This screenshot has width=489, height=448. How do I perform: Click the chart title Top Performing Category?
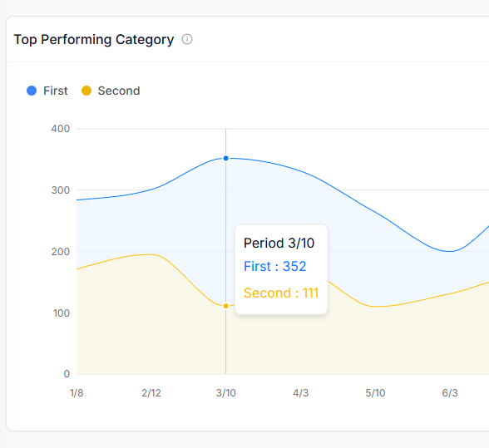[94, 40]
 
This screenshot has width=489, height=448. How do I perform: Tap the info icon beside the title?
[187, 39]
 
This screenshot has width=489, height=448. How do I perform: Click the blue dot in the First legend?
[32, 91]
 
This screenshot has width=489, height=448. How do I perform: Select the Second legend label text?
[119, 91]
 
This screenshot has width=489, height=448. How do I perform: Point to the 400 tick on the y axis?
[61, 129]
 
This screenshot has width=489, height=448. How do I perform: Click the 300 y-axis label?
[61, 190]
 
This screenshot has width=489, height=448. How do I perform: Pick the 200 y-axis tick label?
[61, 252]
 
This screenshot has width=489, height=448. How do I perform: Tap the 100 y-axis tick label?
[61, 313]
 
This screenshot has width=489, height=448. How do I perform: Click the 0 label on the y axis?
[67, 374]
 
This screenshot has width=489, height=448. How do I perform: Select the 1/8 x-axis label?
[77, 393]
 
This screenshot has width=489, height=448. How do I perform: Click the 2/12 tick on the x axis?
[151, 393]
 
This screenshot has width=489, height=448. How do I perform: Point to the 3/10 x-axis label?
[225, 393]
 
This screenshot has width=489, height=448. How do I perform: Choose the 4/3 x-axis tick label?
[300, 393]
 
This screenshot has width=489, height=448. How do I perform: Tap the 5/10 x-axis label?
[375, 393]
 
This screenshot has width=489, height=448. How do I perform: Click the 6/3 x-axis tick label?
[450, 393]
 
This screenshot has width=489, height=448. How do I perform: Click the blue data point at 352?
[225, 158]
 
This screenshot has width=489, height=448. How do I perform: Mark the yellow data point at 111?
[225, 306]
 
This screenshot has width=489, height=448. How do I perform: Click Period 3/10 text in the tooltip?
[279, 243]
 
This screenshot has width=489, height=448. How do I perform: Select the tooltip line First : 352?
[275, 266]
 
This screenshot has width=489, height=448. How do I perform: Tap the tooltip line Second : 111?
[281, 293]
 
